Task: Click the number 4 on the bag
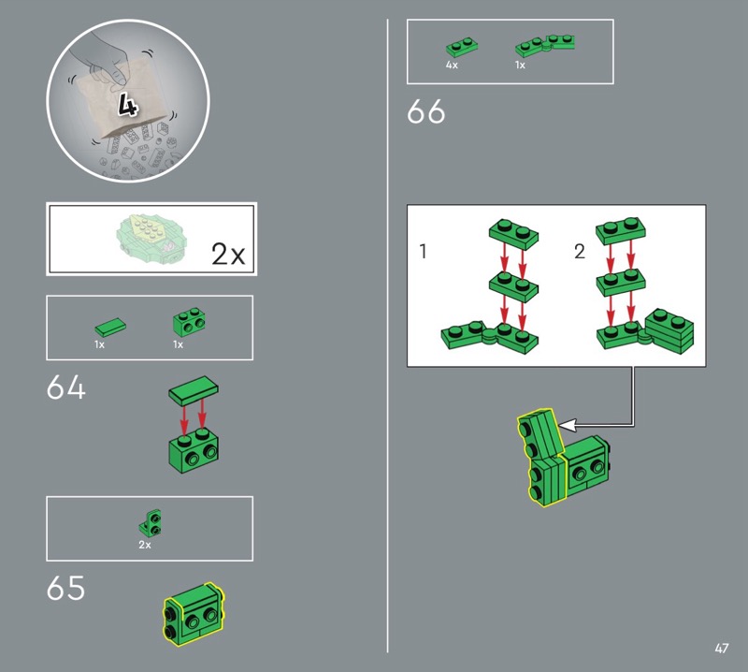point(128,105)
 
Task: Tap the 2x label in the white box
point(228,254)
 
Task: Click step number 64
point(65,387)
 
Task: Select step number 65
point(65,588)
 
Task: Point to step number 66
point(426,111)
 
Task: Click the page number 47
point(722,648)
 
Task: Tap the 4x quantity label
point(452,65)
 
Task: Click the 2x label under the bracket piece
point(145,545)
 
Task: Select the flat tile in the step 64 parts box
point(110,328)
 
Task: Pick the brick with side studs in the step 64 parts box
point(189,322)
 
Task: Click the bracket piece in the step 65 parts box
point(151,522)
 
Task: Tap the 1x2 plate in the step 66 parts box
point(462,47)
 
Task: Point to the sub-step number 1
point(423,251)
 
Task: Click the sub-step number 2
point(580,251)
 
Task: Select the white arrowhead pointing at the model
point(567,424)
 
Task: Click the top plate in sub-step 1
point(513,235)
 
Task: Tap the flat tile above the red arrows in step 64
point(194,390)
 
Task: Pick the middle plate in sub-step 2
point(621,283)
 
